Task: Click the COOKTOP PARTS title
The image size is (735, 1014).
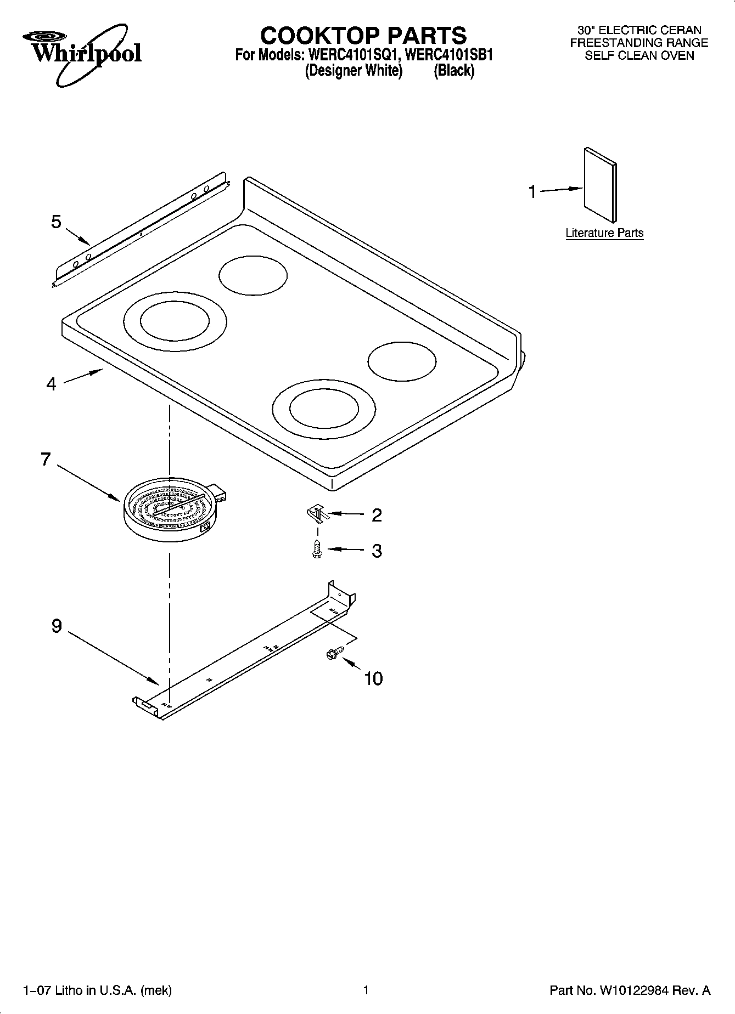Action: point(363,36)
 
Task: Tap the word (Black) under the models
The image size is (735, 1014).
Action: point(454,71)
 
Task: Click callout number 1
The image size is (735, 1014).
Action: point(532,192)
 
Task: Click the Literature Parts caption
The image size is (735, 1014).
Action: point(604,233)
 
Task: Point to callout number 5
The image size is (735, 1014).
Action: point(56,222)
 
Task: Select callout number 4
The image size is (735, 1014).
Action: point(51,384)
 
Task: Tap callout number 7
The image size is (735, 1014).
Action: point(46,459)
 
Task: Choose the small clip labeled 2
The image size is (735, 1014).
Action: point(316,514)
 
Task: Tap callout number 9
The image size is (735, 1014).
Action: point(57,626)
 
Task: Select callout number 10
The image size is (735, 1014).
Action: point(373,679)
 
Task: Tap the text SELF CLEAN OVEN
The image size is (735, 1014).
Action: point(639,55)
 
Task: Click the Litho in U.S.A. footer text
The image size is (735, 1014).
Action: point(97,990)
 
